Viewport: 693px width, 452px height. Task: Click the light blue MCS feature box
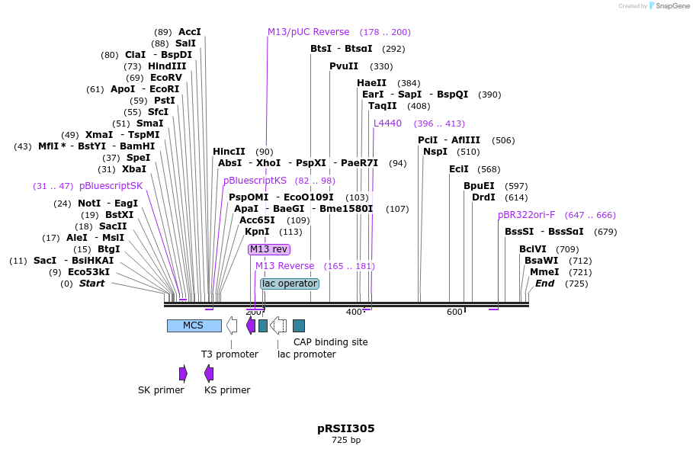pyautogui.click(x=194, y=325)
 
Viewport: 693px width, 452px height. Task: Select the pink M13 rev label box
pyautogui.click(x=268, y=249)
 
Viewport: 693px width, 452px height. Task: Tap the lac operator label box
pyautogui.click(x=289, y=284)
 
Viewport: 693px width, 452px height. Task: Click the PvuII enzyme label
pyautogui.click(x=344, y=66)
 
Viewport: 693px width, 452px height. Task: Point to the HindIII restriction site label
pyautogui.click(x=167, y=66)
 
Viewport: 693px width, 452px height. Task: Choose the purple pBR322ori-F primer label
pyautogui.click(x=526, y=215)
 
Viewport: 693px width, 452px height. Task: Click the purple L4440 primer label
pyautogui.click(x=387, y=123)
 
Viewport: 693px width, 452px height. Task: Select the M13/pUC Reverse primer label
pyautogui.click(x=308, y=32)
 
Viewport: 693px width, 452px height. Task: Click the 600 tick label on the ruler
pyautogui.click(x=454, y=312)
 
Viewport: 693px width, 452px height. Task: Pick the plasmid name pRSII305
pyautogui.click(x=345, y=428)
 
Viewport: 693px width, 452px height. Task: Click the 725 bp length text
pyautogui.click(x=345, y=441)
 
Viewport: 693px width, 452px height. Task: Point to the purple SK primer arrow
pyautogui.click(x=183, y=373)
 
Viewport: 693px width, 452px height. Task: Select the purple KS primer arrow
pyautogui.click(x=209, y=373)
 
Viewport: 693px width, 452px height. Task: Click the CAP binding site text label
pyautogui.click(x=330, y=342)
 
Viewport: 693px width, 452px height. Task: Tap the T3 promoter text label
pyautogui.click(x=229, y=354)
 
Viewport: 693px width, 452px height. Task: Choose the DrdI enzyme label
pyautogui.click(x=483, y=197)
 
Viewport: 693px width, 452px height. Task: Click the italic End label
pyautogui.click(x=544, y=284)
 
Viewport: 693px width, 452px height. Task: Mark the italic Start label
pyautogui.click(x=91, y=284)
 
